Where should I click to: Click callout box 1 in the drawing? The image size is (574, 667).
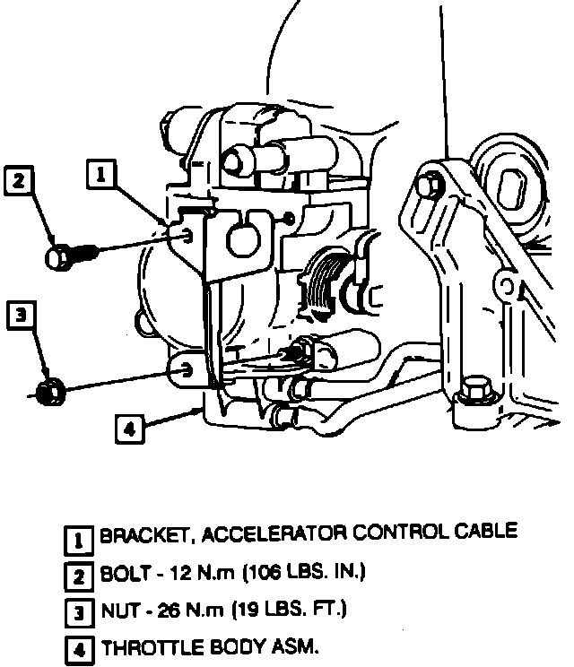tap(101, 173)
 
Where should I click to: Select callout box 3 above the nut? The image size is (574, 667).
tap(22, 316)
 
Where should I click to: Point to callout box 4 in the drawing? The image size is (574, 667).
tap(129, 429)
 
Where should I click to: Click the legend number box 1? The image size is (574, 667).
tap(80, 539)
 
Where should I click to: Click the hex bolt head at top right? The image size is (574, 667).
tap(428, 183)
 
